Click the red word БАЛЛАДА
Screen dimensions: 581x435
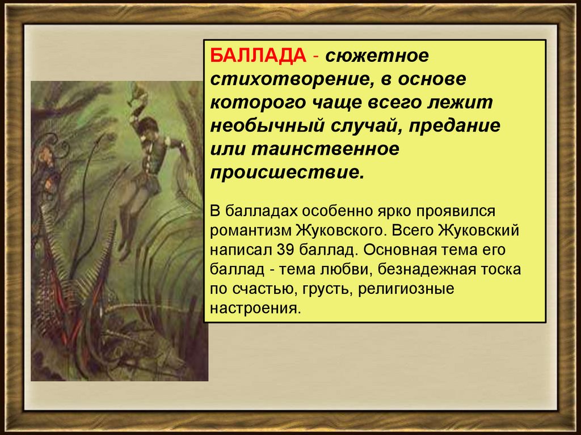(258, 56)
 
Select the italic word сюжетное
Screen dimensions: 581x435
(377, 56)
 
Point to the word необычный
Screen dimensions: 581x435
(267, 126)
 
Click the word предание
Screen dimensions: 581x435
(454, 126)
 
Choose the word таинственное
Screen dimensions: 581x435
(325, 149)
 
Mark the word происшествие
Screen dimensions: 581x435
(288, 172)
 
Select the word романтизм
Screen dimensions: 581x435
(250, 230)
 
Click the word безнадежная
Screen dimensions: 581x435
(426, 269)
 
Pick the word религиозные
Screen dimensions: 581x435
(406, 289)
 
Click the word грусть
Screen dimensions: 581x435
(327, 289)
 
